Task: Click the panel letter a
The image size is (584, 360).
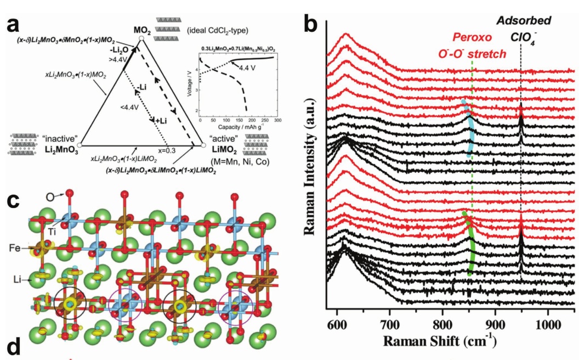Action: (15, 24)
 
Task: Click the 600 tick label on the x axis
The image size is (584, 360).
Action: (337, 324)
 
